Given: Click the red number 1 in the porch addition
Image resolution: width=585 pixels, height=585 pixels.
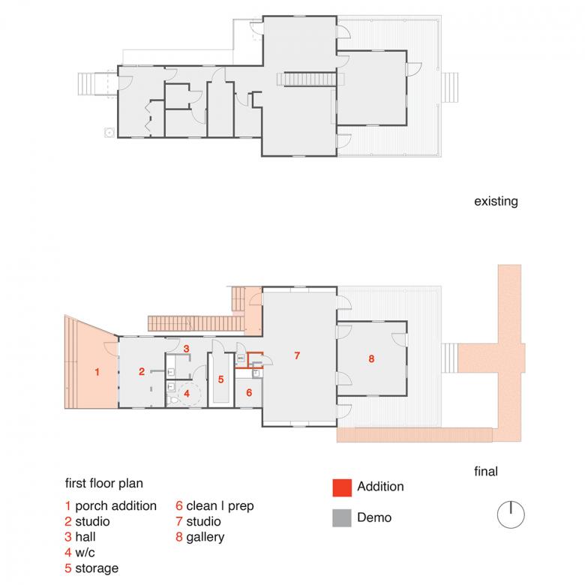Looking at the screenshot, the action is [97, 372].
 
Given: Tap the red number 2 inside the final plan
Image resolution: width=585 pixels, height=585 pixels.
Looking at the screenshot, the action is [142, 371].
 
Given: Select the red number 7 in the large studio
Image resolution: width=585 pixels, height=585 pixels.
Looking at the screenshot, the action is [297, 355].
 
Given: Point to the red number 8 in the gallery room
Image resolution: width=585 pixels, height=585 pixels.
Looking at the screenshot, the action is [371, 359].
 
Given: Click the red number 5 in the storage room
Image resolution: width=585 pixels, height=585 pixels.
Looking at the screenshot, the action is [220, 379].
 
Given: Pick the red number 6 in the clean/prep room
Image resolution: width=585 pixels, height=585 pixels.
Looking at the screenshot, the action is [249, 392].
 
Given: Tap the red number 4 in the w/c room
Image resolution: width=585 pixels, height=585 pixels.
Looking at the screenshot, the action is [187, 393].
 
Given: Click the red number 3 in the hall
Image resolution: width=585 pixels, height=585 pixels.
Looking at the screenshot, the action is [186, 349].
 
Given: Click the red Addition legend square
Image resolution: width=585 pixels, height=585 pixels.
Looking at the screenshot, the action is [342, 487].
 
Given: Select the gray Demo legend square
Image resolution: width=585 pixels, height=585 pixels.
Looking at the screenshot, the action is [342, 517].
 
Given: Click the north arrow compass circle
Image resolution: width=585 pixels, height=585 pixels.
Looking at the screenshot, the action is [511, 514].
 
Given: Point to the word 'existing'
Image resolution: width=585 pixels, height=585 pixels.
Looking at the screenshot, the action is [496, 202].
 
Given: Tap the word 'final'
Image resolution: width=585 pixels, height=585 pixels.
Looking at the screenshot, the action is [486, 471].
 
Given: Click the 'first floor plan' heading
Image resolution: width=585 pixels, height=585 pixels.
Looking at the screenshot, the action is [104, 483].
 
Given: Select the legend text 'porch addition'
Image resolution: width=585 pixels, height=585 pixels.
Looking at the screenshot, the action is [115, 506].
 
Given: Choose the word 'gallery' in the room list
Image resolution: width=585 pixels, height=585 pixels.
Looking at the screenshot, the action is [205, 537].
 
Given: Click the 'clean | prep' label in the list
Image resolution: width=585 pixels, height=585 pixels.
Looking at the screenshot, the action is [220, 506].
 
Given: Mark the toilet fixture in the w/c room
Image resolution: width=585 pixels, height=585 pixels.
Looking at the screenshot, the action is [172, 400].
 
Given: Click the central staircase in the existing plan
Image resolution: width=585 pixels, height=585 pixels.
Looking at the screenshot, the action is [310, 79].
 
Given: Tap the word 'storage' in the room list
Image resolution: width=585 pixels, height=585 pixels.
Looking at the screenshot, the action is [97, 568].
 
